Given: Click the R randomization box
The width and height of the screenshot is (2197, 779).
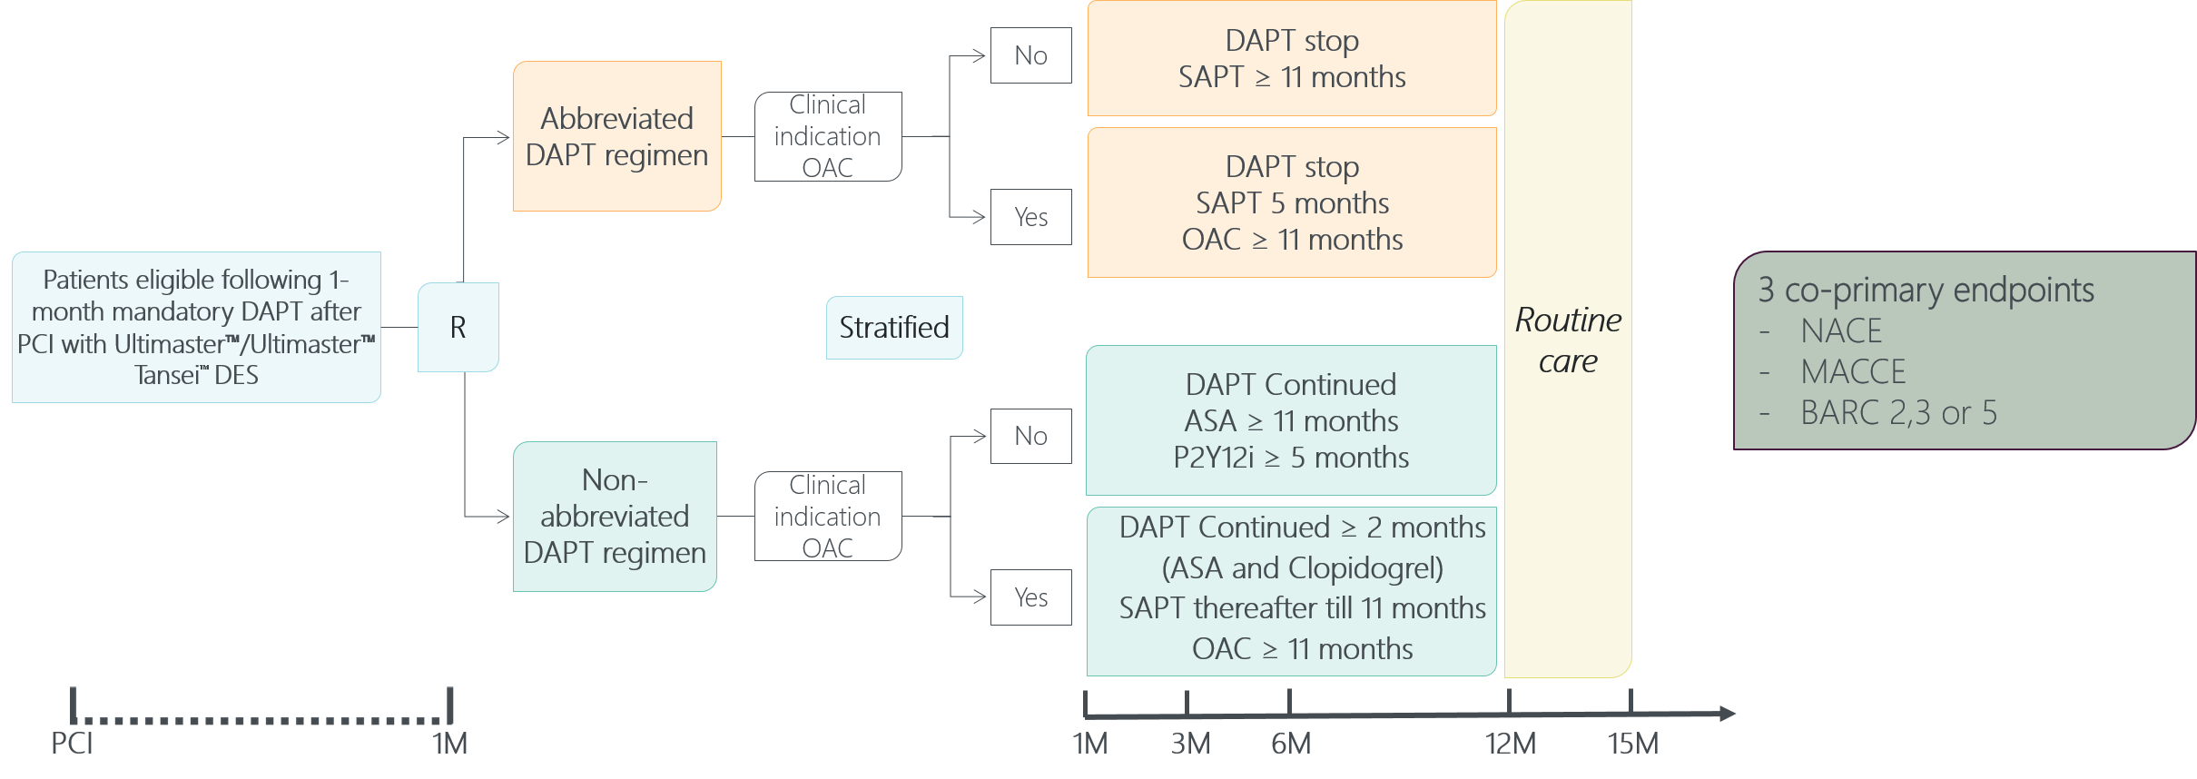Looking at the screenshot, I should [x=458, y=327].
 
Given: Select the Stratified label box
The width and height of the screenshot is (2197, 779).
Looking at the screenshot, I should [x=893, y=327].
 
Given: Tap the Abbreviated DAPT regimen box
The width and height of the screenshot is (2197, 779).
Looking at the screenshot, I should [x=616, y=136].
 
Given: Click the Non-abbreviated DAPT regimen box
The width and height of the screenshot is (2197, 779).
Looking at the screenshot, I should [x=615, y=516].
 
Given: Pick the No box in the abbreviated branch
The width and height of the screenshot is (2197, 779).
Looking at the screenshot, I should [x=1030, y=55].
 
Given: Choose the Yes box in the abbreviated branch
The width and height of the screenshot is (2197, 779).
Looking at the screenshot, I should [x=1030, y=217].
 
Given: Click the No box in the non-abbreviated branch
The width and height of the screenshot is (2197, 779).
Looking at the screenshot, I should [x=1030, y=436].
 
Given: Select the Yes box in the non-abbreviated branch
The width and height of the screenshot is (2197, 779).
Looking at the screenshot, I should [x=1030, y=597].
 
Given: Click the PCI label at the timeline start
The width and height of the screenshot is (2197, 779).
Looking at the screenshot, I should [x=72, y=744].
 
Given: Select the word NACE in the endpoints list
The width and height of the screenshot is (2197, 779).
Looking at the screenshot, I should [x=1841, y=331].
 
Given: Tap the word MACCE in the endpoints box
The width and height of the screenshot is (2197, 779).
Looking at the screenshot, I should [x=1853, y=372].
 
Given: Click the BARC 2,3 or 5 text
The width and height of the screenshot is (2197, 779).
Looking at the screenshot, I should [x=1898, y=413].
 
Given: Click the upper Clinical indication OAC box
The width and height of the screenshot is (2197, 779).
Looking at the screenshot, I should [x=827, y=136].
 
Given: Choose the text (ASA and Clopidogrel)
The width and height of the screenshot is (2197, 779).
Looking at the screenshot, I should [x=1302, y=568].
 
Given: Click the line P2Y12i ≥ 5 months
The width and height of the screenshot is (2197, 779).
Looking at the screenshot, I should [x=1291, y=458].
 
